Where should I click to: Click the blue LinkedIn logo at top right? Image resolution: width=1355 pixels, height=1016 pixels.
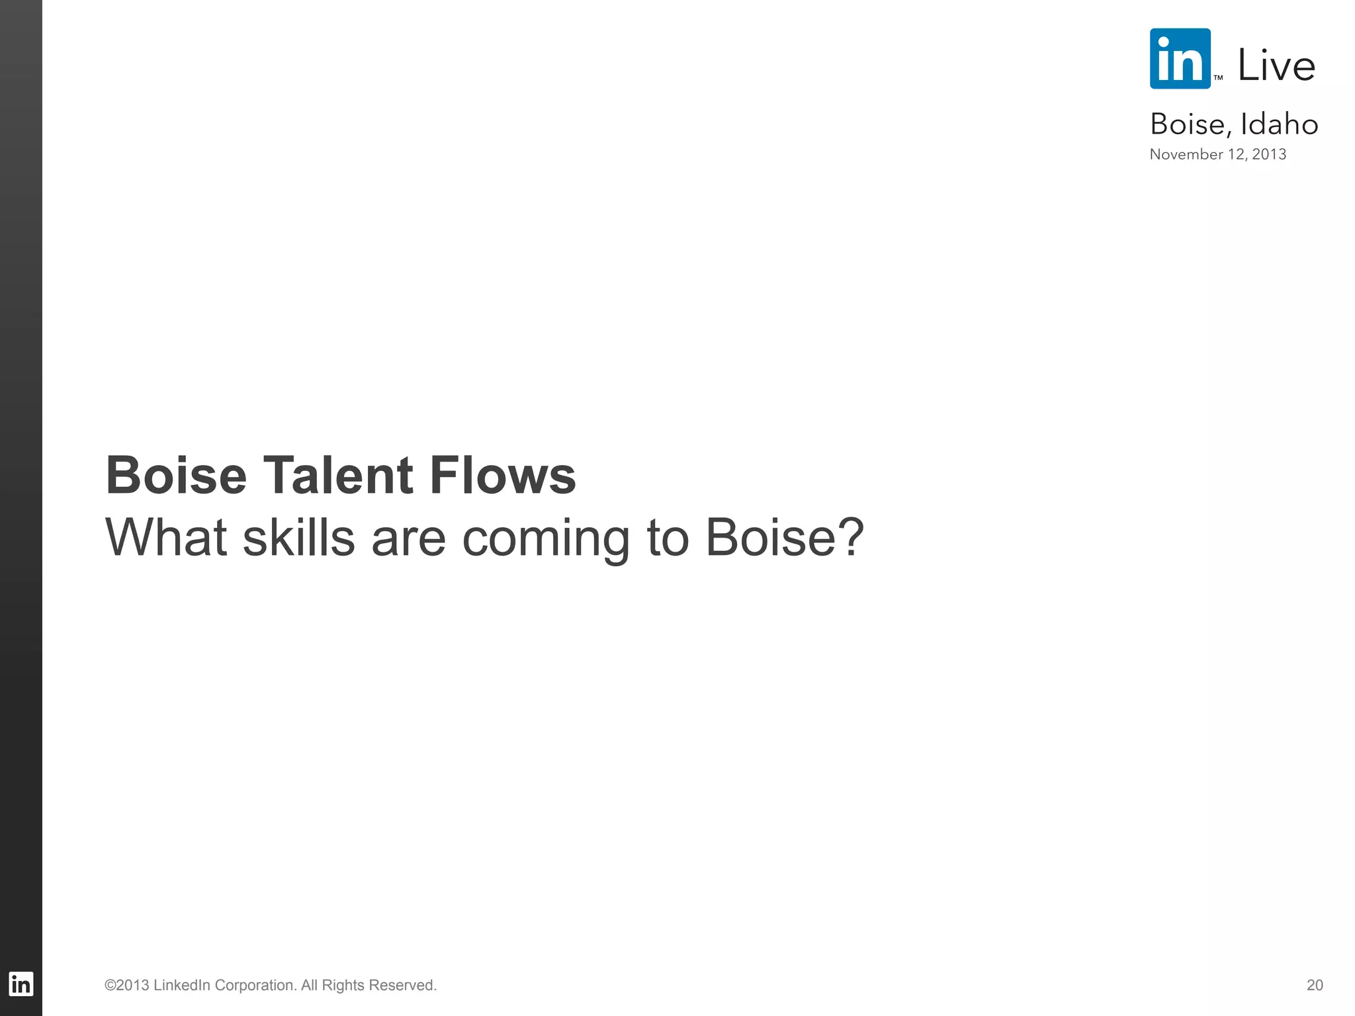[x=1180, y=58]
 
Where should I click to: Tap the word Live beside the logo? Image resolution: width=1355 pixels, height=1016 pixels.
[x=1276, y=65]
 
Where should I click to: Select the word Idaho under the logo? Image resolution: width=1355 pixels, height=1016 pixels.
[x=1279, y=124]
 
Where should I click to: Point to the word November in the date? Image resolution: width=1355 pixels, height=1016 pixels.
[x=1186, y=154]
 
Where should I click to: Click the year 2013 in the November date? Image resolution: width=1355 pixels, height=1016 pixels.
[x=1269, y=154]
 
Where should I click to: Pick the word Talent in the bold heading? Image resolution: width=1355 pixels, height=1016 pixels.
[x=338, y=475]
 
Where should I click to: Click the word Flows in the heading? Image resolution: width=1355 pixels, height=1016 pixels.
[x=503, y=475]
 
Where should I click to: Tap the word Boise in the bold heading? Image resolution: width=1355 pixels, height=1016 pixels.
[x=176, y=475]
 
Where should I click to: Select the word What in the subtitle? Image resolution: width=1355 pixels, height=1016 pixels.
[x=166, y=537]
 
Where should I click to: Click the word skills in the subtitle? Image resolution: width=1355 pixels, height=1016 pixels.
[x=299, y=537]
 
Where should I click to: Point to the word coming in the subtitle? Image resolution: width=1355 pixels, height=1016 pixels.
[x=545, y=538]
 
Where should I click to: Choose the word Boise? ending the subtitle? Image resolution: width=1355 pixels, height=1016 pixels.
[x=785, y=537]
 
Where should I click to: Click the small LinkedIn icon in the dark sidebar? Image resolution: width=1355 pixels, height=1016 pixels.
[x=21, y=984]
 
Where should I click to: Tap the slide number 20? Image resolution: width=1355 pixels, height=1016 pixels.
[x=1315, y=985]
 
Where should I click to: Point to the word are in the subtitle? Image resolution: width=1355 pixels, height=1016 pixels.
[x=408, y=538]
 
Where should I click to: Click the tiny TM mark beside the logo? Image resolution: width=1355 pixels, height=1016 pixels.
[x=1218, y=78]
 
